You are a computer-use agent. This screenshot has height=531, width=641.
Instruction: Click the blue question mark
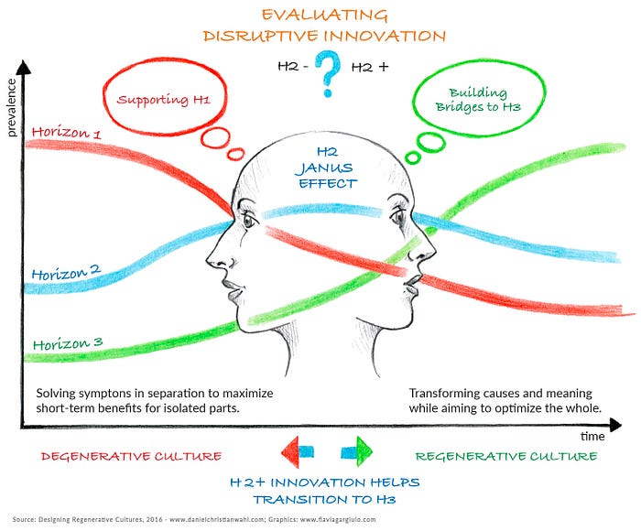click(328, 73)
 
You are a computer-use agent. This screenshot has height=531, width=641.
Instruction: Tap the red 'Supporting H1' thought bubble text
click(164, 99)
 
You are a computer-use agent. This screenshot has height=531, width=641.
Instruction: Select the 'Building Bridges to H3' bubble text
click(478, 100)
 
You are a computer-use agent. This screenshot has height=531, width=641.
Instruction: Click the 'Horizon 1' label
click(66, 133)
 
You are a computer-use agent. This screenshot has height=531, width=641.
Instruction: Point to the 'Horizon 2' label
click(66, 272)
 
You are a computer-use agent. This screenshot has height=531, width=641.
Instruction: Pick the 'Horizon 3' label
click(68, 343)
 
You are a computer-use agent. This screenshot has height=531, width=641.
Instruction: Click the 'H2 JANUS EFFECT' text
click(327, 168)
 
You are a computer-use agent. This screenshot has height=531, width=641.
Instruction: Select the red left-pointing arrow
click(298, 451)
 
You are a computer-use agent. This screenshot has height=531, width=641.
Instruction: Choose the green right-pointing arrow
click(357, 451)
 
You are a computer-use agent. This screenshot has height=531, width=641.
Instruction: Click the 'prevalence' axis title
click(11, 108)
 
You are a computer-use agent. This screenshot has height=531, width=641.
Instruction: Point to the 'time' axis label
click(592, 436)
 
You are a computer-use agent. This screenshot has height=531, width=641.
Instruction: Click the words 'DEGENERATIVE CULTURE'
click(131, 456)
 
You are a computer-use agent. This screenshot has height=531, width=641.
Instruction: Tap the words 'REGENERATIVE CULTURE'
click(506, 456)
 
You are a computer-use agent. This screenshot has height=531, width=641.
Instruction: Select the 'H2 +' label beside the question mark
click(370, 67)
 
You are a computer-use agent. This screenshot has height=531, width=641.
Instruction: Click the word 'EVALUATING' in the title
click(324, 16)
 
